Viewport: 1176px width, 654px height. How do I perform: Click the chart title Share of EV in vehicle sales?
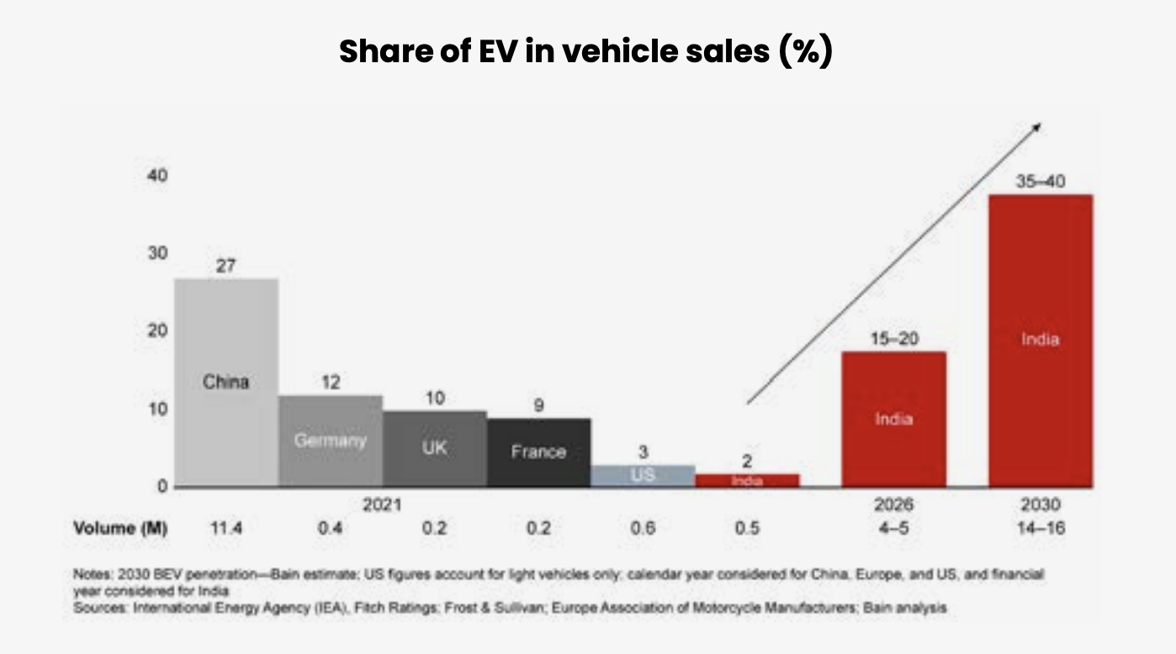point(586,52)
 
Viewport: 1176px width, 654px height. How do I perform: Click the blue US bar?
point(643,476)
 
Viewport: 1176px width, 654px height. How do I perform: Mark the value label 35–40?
point(1040,182)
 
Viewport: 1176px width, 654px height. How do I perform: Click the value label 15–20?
point(893,339)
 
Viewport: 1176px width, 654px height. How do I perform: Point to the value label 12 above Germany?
point(331,382)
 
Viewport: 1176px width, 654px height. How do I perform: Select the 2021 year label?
point(382,505)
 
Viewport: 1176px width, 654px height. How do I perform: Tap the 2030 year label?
point(1041,505)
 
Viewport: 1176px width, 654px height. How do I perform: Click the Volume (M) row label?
point(120,529)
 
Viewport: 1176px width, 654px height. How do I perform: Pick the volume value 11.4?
point(225,529)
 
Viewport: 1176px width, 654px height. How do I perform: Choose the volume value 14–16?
point(1041,529)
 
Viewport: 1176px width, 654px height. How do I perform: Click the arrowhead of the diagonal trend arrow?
point(1038,126)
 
